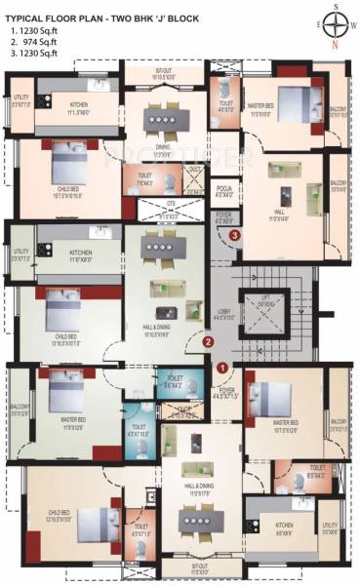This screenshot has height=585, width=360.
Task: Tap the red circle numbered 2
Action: [x=207, y=341]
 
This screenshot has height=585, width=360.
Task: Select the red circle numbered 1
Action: [x=222, y=367]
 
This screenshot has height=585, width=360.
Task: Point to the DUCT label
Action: [x=194, y=169]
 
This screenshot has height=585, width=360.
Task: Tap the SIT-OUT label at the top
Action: [x=164, y=71]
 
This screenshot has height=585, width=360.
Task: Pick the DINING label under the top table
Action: [x=163, y=147]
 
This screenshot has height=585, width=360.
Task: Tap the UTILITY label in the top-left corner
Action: [x=21, y=97]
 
